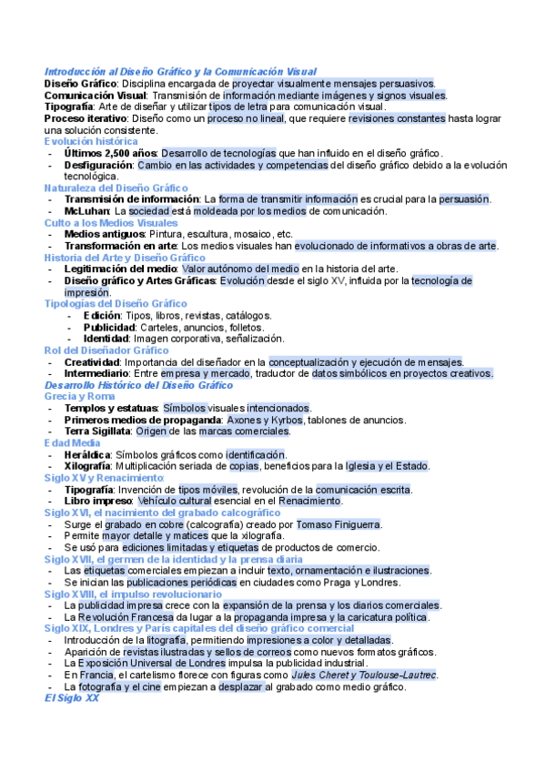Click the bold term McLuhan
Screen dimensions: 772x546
(86, 211)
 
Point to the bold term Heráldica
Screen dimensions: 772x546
(88, 454)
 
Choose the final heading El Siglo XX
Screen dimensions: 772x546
(71, 698)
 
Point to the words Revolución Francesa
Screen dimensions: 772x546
(121, 617)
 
